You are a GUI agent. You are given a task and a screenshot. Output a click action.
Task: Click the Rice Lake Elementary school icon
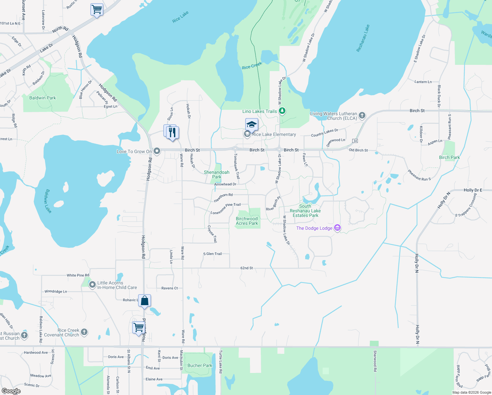[252, 124]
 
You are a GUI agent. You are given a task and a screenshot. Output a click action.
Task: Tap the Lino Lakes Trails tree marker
[282, 111]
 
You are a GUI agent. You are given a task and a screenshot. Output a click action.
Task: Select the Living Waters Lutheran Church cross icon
[362, 115]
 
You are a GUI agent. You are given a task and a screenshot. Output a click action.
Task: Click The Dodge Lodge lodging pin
[337, 228]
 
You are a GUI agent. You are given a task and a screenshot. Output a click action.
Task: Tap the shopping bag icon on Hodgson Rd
[144, 301]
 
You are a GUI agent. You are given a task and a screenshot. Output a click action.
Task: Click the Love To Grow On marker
[157, 151]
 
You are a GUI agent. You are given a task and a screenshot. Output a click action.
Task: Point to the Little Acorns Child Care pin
[92, 284]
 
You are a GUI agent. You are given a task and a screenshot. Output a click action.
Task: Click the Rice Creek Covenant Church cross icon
[84, 332]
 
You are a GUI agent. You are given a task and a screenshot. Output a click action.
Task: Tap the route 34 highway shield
[355, 141]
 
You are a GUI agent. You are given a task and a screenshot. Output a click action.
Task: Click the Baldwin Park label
[42, 98]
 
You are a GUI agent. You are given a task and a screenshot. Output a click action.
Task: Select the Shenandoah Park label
[216, 174]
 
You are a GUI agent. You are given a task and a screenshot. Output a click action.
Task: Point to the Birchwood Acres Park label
[247, 221]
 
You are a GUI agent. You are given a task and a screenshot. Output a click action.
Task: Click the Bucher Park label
[200, 365]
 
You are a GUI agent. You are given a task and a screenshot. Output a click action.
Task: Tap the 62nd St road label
[247, 268]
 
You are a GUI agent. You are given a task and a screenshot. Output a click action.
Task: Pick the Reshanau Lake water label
[363, 38]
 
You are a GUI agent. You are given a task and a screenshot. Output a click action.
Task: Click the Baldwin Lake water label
[48, 201]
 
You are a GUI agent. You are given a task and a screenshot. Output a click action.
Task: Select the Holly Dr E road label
[473, 190]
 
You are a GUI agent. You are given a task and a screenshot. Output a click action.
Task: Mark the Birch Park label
[449, 157]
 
